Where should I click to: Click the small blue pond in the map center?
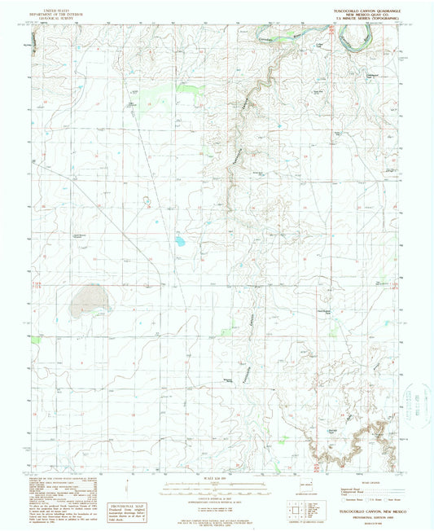coord(179,241)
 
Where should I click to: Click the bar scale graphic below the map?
coord(215,489)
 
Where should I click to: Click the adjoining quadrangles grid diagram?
coord(297,510)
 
